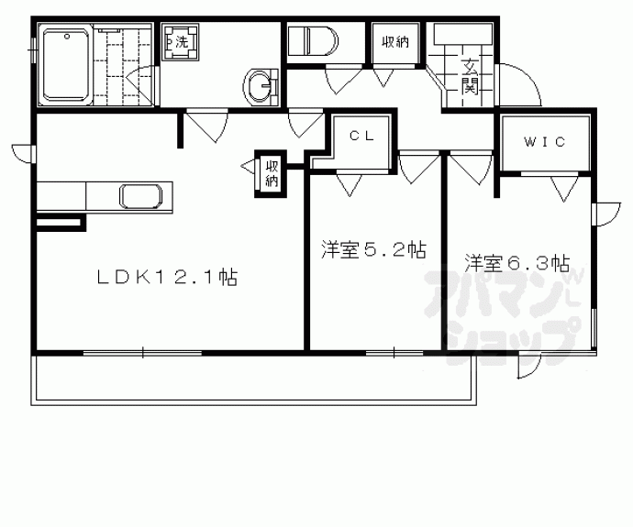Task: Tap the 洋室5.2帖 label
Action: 372,249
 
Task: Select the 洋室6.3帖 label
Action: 516,263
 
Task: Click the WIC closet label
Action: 544,142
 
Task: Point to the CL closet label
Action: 359,134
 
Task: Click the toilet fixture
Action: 312,42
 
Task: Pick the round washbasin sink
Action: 261,86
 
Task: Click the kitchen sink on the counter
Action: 143,197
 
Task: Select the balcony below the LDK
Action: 252,378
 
